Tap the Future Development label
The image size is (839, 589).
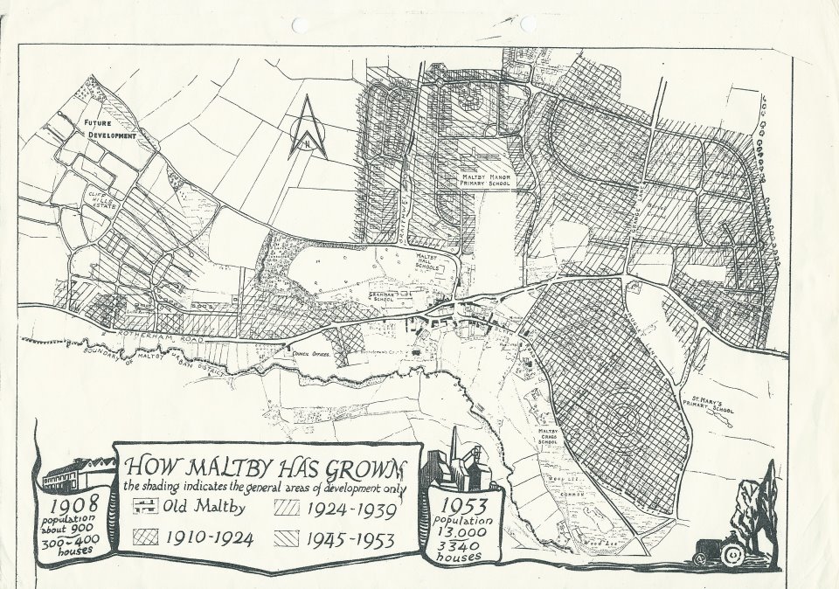point(110,130)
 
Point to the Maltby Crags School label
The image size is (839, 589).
point(548,440)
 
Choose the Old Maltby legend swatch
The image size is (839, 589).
point(142,506)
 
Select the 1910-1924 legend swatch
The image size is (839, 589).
point(143,537)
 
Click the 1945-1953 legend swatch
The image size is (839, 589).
point(288,537)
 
